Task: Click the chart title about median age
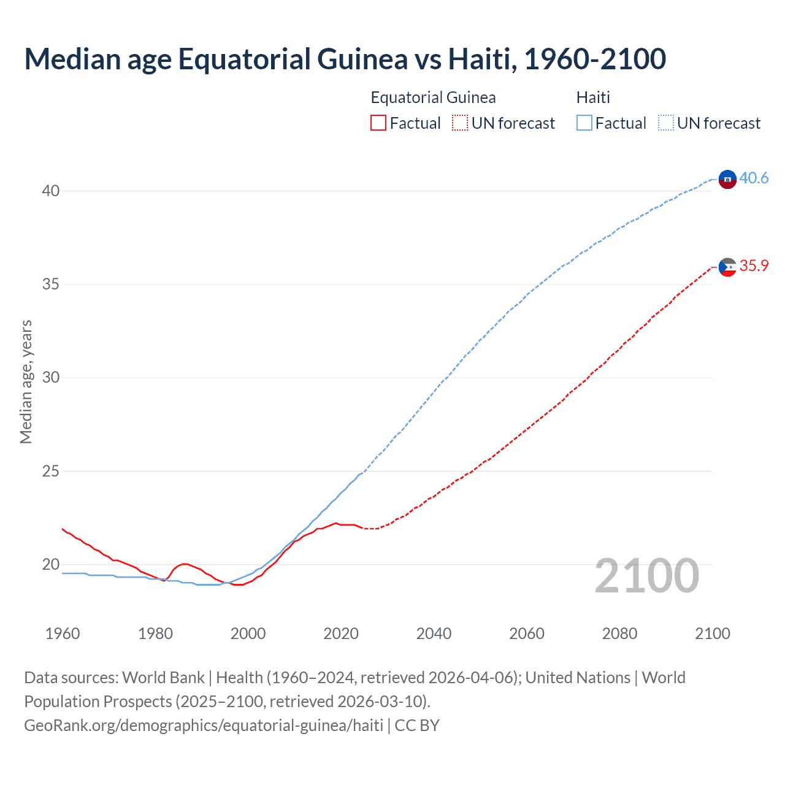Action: tap(345, 59)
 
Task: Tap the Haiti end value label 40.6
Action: tap(754, 178)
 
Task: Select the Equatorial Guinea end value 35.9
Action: tap(754, 266)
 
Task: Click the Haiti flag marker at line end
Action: tap(727, 179)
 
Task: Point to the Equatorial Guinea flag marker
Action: tap(727, 267)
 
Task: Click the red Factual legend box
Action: tap(378, 123)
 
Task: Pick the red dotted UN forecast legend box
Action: tap(460, 123)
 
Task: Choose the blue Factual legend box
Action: tap(584, 123)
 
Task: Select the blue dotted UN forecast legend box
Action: tap(665, 123)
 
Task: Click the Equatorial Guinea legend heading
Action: tap(433, 98)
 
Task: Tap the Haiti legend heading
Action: tap(593, 98)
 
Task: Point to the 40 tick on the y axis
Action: tap(51, 191)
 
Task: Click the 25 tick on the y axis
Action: tap(51, 472)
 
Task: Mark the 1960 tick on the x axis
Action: tap(63, 634)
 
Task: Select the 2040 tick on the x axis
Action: tap(434, 634)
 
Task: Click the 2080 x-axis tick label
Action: tap(619, 634)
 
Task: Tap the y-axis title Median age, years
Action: tap(26, 381)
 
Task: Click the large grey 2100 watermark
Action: tap(646, 576)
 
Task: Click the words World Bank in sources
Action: tap(163, 678)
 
